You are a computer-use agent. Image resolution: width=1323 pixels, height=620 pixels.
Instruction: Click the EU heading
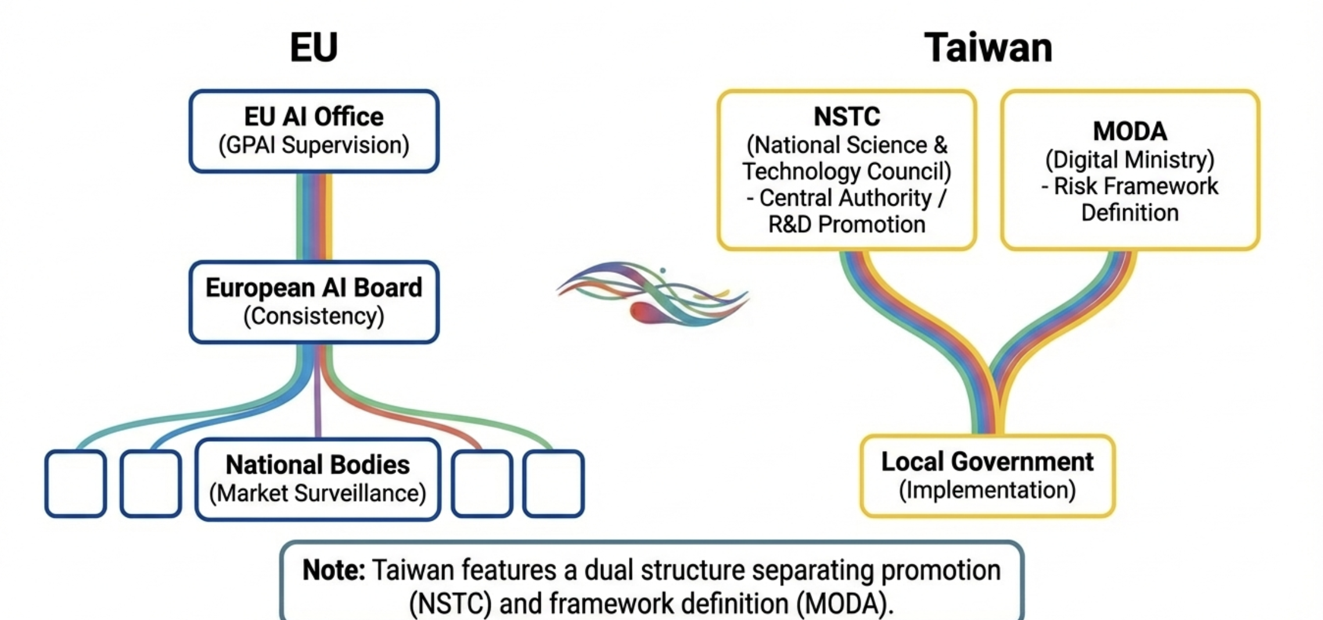point(314,47)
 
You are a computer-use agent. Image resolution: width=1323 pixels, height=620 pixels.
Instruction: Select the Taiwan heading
point(988,47)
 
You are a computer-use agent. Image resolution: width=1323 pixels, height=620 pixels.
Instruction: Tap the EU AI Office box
point(314,131)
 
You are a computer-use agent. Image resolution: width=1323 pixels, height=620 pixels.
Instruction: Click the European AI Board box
point(314,302)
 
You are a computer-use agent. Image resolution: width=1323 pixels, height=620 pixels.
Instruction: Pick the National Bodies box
point(318,479)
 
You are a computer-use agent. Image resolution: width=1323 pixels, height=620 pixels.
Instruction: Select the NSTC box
point(847,170)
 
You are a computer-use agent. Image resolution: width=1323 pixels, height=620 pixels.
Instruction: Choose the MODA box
point(1130,170)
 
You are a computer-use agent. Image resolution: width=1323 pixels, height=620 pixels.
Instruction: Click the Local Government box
point(987,475)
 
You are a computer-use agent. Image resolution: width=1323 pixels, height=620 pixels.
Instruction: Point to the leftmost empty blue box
point(76,483)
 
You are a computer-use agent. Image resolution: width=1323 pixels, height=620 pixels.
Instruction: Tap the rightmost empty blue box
point(553,483)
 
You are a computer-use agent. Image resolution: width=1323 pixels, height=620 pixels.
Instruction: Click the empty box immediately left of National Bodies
point(151,483)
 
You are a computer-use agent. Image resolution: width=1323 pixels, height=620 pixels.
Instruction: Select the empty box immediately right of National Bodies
point(481,483)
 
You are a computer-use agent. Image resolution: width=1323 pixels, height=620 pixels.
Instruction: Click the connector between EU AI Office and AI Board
point(314,216)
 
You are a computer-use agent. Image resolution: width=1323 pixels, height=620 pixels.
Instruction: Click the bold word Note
point(333,571)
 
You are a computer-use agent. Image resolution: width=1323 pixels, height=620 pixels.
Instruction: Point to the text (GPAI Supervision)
point(314,145)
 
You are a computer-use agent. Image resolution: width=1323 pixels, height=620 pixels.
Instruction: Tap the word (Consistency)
point(314,316)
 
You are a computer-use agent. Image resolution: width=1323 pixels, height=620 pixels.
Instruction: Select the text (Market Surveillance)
point(318,493)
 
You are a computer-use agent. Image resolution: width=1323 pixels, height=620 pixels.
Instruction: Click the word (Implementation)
point(987,490)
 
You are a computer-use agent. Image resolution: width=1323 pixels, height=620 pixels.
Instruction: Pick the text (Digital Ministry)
point(1130,160)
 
